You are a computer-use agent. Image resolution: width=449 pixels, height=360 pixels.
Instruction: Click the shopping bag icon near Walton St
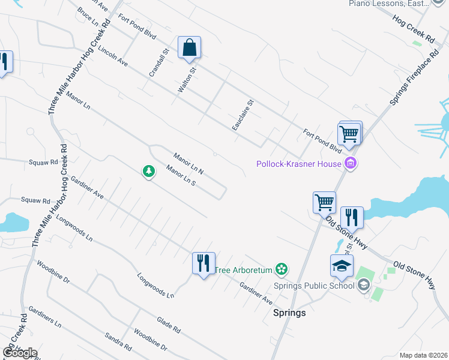click(189, 47)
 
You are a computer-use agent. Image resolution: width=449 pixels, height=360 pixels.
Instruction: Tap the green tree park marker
click(148, 172)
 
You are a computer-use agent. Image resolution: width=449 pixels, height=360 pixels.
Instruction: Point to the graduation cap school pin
click(342, 266)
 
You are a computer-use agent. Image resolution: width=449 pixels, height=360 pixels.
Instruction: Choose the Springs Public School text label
click(314, 286)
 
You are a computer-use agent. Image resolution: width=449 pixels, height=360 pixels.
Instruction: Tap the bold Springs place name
click(289, 313)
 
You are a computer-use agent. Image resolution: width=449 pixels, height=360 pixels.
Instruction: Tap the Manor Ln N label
click(188, 163)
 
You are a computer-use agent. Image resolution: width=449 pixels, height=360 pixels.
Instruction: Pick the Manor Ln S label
click(181, 176)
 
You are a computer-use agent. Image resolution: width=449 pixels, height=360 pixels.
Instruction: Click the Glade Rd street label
click(169, 326)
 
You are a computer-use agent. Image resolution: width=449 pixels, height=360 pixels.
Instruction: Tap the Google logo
click(20, 353)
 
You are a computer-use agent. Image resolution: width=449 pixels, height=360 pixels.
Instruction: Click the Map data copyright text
click(423, 355)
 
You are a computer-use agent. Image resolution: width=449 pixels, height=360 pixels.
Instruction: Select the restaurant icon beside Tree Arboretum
click(203, 263)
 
